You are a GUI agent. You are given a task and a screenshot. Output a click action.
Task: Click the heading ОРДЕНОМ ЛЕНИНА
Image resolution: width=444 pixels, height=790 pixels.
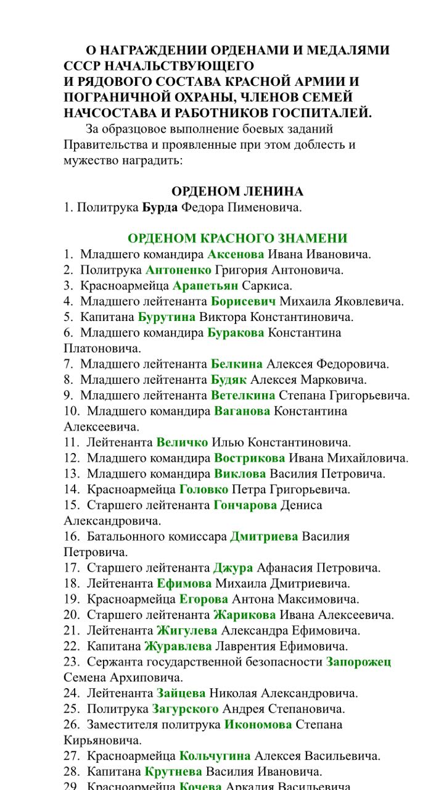(x=237, y=191)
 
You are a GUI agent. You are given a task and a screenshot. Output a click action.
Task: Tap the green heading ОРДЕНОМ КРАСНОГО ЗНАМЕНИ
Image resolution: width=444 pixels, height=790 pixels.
(x=237, y=239)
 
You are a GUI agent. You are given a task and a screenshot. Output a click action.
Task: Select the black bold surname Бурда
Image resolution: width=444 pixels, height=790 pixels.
(x=160, y=207)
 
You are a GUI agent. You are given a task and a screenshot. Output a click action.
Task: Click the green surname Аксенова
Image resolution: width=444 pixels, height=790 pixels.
(x=236, y=254)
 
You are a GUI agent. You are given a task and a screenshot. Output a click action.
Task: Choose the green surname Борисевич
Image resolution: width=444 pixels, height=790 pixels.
(x=243, y=301)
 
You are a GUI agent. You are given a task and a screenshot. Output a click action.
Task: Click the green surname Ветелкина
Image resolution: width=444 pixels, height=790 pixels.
(x=243, y=396)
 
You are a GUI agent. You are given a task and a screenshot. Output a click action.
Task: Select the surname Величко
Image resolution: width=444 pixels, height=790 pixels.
(x=182, y=443)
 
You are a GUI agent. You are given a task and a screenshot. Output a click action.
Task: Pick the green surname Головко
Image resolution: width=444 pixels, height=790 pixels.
(x=203, y=489)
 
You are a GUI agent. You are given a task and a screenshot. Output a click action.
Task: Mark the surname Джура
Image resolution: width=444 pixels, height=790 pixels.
(x=233, y=568)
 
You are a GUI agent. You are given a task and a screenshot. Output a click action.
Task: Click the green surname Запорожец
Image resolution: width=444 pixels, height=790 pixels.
(x=358, y=662)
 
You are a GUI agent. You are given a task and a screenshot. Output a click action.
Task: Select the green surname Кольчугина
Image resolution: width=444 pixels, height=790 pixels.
(x=215, y=756)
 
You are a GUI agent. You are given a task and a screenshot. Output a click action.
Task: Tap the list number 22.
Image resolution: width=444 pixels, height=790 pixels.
(x=71, y=646)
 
